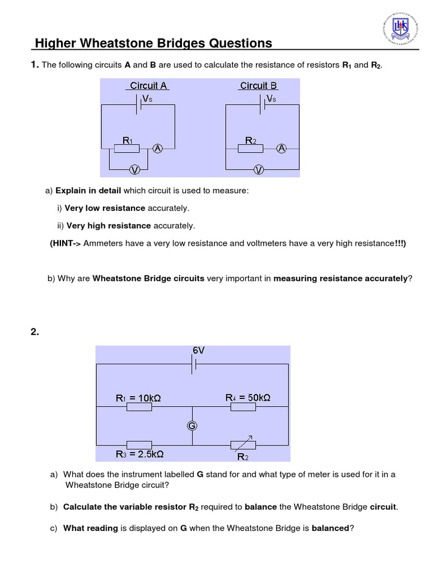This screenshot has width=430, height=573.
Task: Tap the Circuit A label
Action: click(148, 86)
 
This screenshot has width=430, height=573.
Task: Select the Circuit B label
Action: click(258, 86)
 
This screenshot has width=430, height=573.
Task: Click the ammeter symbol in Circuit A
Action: click(158, 148)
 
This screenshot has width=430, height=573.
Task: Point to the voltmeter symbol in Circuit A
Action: click(134, 170)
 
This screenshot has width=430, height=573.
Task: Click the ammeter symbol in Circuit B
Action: click(282, 148)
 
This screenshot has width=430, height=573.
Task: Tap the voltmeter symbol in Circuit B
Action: click(258, 170)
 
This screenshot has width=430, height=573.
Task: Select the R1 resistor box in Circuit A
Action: click(127, 149)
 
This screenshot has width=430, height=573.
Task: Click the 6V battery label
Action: click(198, 350)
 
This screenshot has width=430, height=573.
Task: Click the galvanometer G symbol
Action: click(192, 426)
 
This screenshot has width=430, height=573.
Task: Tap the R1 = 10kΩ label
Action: click(138, 398)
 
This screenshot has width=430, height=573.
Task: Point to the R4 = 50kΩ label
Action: click(248, 397)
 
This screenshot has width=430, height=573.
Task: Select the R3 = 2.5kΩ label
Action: click(139, 454)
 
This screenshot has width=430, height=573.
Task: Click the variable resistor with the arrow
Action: click(244, 444)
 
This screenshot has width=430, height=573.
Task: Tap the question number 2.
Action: click(34, 332)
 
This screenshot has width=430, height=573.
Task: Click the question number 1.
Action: click(34, 65)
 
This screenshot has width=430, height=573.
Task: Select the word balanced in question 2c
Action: click(330, 527)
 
